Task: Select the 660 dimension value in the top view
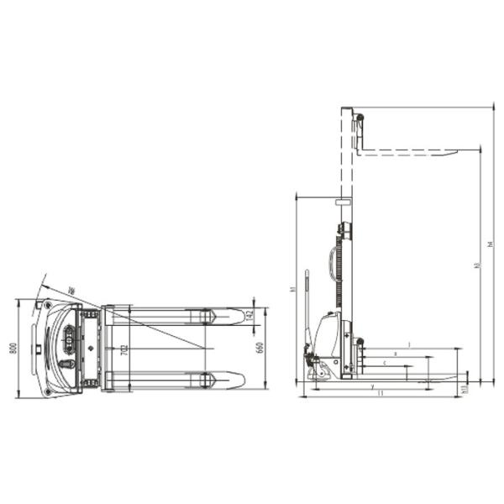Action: (x=260, y=346)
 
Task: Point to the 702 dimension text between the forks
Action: (x=124, y=346)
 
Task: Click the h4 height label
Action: (x=491, y=244)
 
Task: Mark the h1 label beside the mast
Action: (x=293, y=289)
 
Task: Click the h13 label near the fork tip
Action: (x=465, y=388)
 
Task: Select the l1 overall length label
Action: (x=381, y=393)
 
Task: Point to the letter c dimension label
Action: (x=384, y=363)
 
